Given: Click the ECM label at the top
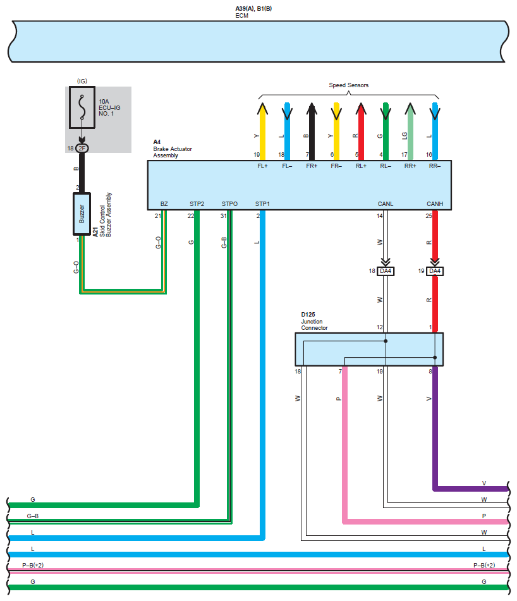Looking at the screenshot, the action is [242, 16].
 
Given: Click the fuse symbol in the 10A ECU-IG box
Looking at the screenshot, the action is [82, 107].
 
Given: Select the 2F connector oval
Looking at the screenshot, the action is [82, 148].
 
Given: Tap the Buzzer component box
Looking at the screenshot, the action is [82, 214].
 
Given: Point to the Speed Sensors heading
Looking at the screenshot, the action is [348, 85].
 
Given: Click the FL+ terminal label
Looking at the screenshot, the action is [262, 166].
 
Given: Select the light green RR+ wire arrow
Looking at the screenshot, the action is [410, 131].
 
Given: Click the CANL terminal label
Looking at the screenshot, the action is [386, 204].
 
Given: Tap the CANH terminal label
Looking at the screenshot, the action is [435, 204].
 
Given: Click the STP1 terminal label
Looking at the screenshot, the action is [262, 204].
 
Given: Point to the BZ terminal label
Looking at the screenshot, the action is [164, 204].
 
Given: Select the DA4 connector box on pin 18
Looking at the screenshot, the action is [386, 271].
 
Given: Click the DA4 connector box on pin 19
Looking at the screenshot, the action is [435, 271].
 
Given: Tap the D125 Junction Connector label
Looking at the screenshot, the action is [314, 321].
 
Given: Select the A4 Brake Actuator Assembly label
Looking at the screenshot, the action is [173, 149].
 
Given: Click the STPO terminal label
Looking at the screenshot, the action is [229, 204].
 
